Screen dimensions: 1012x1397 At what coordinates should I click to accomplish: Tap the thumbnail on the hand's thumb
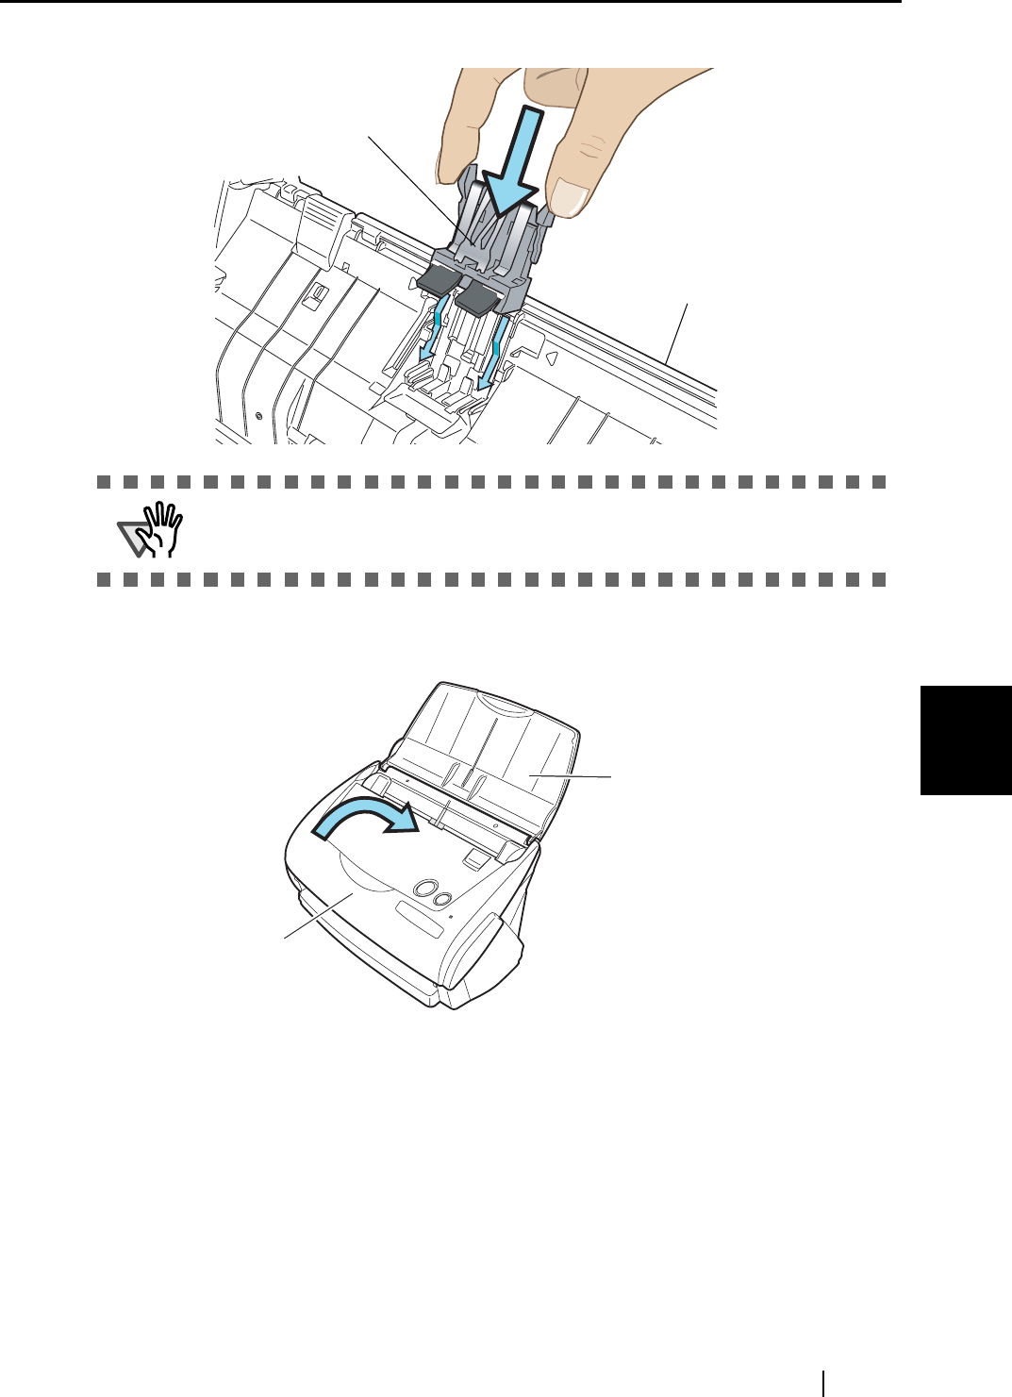(569, 197)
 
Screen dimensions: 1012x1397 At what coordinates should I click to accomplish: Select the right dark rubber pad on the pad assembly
(476, 301)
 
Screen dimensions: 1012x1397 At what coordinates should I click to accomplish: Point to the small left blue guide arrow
(430, 330)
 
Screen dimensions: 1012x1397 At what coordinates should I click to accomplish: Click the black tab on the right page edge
(967, 740)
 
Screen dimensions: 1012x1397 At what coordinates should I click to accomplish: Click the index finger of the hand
(461, 123)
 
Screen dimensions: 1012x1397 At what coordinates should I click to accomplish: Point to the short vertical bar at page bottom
(824, 1381)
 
